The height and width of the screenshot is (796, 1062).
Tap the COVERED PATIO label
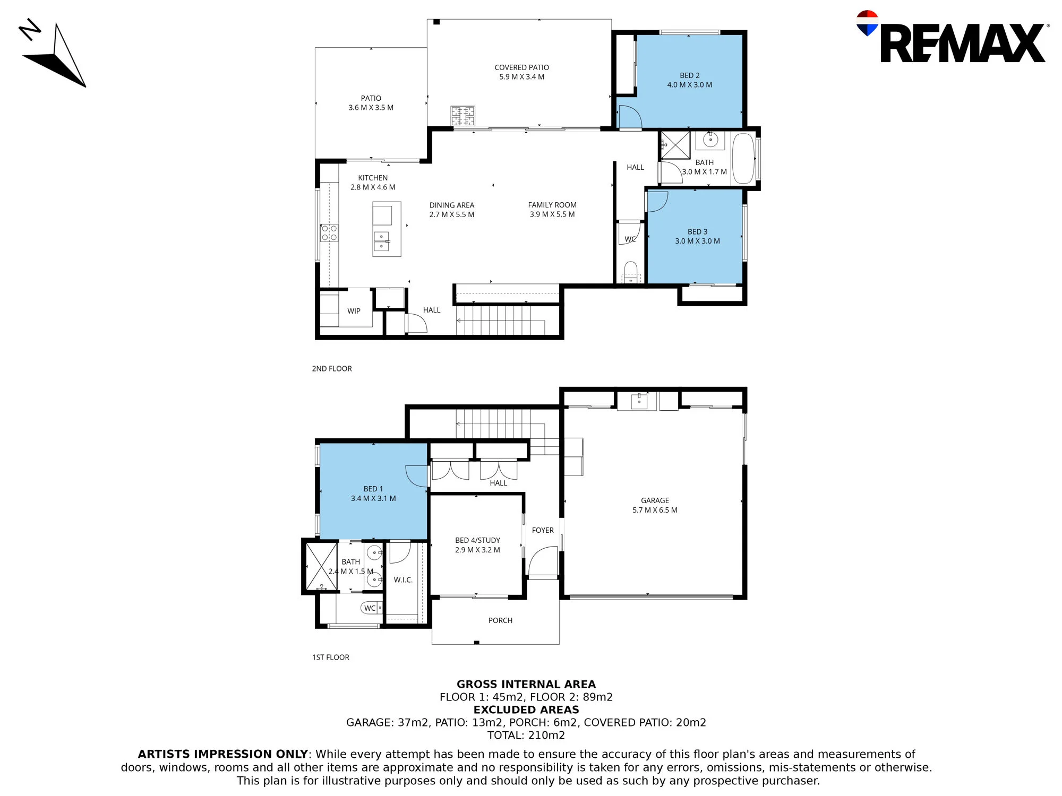coord(521,67)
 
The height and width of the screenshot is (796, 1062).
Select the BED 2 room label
coord(690,75)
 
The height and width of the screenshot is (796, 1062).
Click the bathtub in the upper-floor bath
coord(743,159)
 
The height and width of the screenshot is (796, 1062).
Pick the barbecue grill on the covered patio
coord(463,116)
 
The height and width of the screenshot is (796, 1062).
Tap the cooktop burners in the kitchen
coord(329,233)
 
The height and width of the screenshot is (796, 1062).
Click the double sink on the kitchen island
coord(381,241)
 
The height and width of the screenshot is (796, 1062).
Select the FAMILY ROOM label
coord(552,205)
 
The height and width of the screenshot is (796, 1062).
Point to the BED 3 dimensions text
coord(697,241)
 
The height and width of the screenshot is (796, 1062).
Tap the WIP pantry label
coord(354,311)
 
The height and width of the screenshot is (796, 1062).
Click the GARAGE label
coord(655,500)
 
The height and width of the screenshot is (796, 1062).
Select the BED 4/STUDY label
coord(477,540)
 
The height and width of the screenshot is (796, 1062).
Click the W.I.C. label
coord(403,580)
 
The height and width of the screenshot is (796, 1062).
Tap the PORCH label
coord(500,620)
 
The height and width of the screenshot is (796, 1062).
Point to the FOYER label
coord(543,530)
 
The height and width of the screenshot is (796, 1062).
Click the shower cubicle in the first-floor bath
coord(321,566)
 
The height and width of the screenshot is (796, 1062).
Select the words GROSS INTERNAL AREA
coord(526,685)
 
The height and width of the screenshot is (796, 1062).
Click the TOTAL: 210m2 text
coord(526,736)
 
